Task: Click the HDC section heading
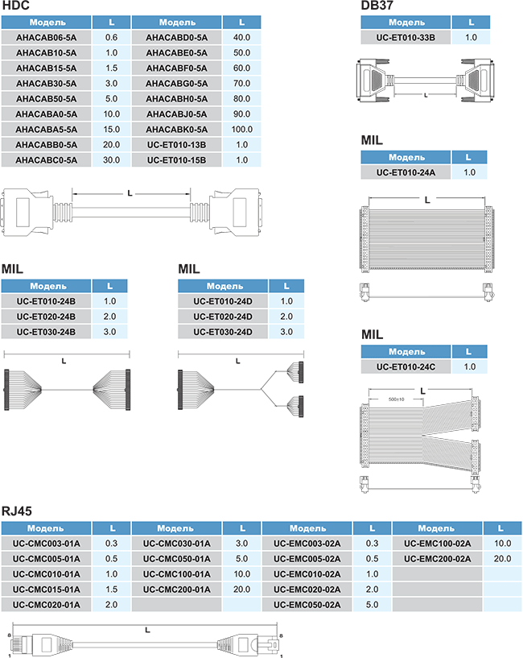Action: [x=16, y=6]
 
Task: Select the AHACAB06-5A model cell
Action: [x=46, y=38]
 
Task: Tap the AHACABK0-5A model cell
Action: [x=177, y=130]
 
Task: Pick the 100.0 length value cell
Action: [x=241, y=130]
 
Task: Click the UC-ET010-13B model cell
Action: [x=177, y=145]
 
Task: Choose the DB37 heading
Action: [x=377, y=6]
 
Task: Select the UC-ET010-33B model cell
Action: [x=406, y=38]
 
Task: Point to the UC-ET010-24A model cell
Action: [x=406, y=172]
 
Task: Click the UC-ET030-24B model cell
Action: [x=46, y=332]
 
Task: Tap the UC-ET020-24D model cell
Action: [x=223, y=317]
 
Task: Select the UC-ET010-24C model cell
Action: [x=406, y=367]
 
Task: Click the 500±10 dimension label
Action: [x=395, y=398]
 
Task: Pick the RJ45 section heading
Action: [x=18, y=511]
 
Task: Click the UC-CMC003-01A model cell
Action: [x=46, y=544]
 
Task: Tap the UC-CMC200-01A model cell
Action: [x=177, y=590]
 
